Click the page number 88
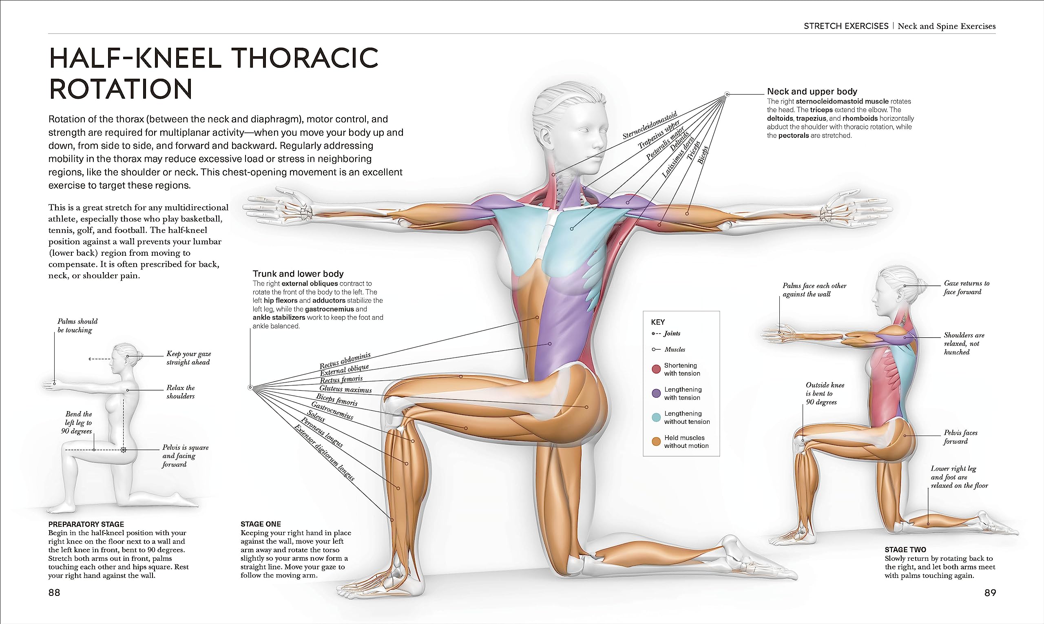click(x=54, y=593)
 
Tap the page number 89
click(x=990, y=593)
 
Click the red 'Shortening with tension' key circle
click(x=656, y=369)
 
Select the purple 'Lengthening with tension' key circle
click(x=656, y=394)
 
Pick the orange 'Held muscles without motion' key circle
click(x=656, y=442)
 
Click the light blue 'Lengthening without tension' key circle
click(x=656, y=418)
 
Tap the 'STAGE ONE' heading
click(x=261, y=524)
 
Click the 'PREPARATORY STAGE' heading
click(x=86, y=524)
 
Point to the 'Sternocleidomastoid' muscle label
click(x=650, y=125)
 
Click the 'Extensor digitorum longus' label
click(x=324, y=452)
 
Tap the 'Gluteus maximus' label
click(x=345, y=389)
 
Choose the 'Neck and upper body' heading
click(x=812, y=91)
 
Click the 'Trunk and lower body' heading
click(x=298, y=274)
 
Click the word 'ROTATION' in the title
click(x=121, y=89)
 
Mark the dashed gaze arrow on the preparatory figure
click(x=99, y=358)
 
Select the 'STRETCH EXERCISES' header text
click(x=846, y=26)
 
